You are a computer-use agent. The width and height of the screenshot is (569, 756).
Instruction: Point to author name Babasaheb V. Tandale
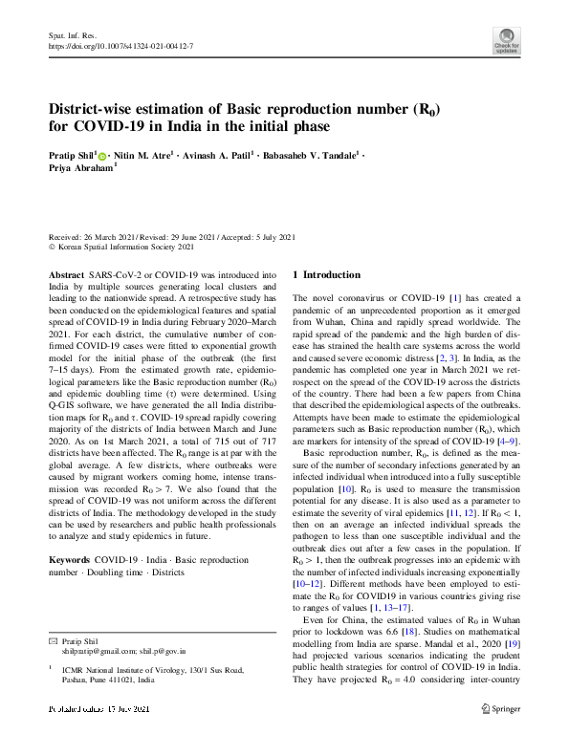point(307,154)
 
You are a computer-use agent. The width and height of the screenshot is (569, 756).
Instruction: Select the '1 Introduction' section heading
point(326,274)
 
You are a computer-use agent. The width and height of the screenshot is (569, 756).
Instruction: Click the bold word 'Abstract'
point(65,274)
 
